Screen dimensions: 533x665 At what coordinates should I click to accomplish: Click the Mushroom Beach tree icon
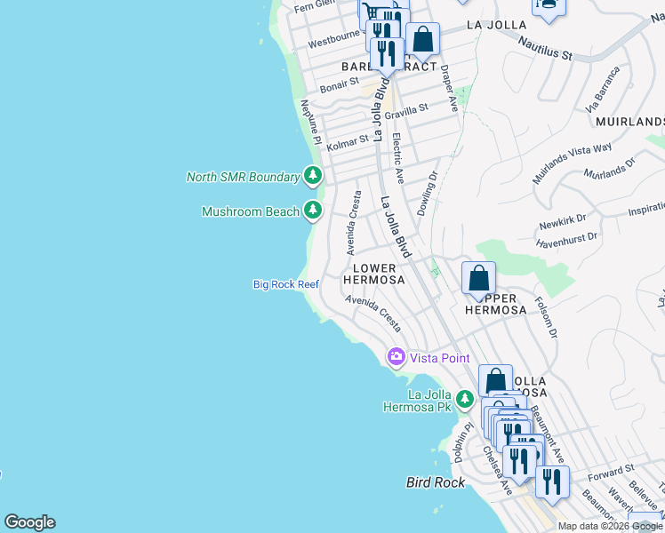tap(312, 211)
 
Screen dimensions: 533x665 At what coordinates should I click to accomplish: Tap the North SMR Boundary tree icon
tap(312, 176)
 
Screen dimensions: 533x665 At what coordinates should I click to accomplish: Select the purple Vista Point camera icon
tap(396, 357)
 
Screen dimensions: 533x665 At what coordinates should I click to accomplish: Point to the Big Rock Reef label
tap(285, 284)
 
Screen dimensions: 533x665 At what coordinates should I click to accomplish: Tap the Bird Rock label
tap(436, 482)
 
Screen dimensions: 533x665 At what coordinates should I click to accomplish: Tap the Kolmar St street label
tap(347, 141)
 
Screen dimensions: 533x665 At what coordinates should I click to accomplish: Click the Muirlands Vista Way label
tap(573, 163)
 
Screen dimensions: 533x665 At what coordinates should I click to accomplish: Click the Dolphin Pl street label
tap(461, 442)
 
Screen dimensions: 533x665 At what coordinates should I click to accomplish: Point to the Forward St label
tap(612, 469)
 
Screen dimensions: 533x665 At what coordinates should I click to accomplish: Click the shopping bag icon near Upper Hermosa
tap(478, 278)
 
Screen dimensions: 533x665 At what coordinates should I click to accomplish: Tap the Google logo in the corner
tap(29, 522)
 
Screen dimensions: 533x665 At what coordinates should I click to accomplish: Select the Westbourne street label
tap(332, 43)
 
